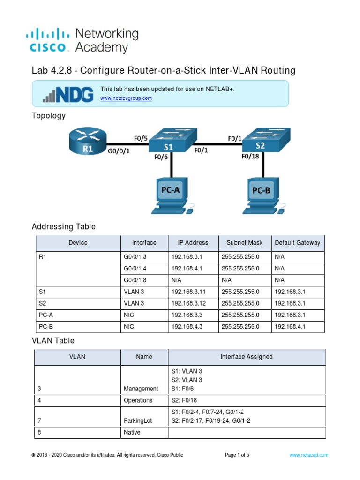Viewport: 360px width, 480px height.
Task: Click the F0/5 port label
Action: point(141,138)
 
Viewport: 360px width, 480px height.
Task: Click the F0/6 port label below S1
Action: point(161,157)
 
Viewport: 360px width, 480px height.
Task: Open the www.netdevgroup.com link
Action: point(126,98)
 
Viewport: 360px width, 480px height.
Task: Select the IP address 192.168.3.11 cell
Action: point(187,292)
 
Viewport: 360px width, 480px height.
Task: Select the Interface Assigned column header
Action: point(247,357)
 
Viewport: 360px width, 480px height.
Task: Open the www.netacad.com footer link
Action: point(308,455)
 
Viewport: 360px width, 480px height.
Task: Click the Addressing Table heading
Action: point(64,227)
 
